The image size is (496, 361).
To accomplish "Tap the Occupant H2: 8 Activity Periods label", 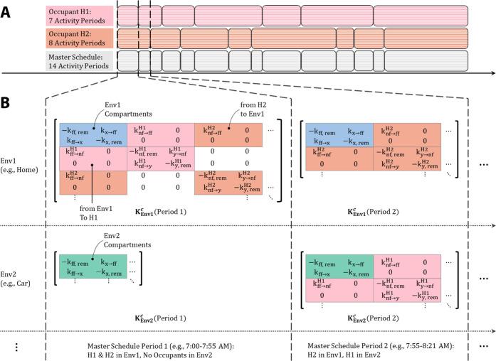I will (x=79, y=37).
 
